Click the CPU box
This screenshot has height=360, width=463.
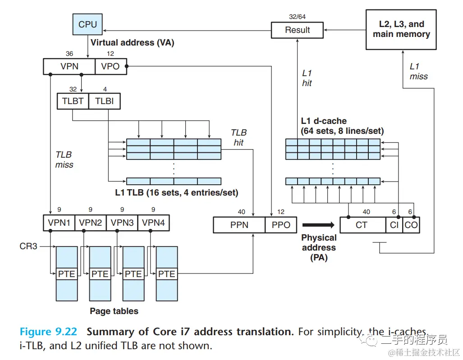point(87,24)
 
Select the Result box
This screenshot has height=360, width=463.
point(298,30)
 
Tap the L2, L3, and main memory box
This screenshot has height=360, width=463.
point(401,29)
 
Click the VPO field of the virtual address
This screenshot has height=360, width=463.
point(110,66)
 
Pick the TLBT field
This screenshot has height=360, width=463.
point(73,101)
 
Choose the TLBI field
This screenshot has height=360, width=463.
point(105,101)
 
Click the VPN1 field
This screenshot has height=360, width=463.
point(59,223)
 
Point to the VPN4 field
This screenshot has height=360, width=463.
point(154,223)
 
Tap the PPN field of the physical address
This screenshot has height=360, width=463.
point(239,225)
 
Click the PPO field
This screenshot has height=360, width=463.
point(281,225)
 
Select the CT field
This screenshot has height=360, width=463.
point(362,225)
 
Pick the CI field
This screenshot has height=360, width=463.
point(394,225)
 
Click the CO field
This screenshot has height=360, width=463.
point(411,225)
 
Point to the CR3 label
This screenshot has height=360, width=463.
point(28,246)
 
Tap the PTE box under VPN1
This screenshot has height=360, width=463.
point(67,273)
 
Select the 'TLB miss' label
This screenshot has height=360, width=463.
point(64,159)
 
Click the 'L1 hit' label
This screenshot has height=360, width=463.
point(307,78)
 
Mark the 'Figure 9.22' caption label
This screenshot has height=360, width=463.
point(48,332)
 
